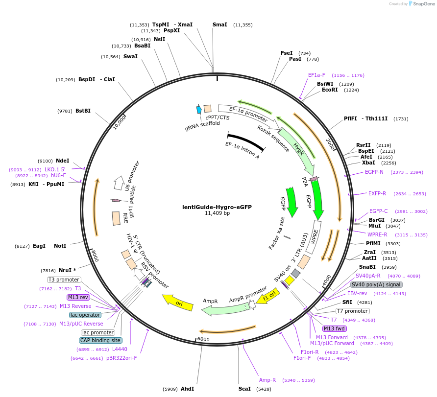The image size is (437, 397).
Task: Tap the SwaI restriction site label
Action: pyautogui.click(x=130, y=56)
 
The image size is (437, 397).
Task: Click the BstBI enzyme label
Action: pyautogui.click(x=83, y=111)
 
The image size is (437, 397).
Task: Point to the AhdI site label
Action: pyautogui.click(x=187, y=389)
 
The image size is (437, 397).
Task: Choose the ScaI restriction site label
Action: pyautogui.click(x=244, y=389)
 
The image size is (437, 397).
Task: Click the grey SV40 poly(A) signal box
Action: pyautogui.click(x=376, y=284)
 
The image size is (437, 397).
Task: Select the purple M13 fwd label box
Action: pyautogui.click(x=335, y=328)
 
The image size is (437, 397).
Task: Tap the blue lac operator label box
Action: pyautogui.click(x=85, y=315)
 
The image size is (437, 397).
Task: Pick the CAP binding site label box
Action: pyautogui.click(x=100, y=340)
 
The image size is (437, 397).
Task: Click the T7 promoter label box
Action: pyautogui.click(x=352, y=311)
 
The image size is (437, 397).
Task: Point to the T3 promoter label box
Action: pyautogui.click(x=64, y=280)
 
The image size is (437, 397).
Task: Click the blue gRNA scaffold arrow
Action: pyautogui.click(x=199, y=110)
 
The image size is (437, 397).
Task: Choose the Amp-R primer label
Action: pyautogui.click(x=267, y=380)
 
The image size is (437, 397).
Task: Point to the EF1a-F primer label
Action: pyautogui.click(x=316, y=75)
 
